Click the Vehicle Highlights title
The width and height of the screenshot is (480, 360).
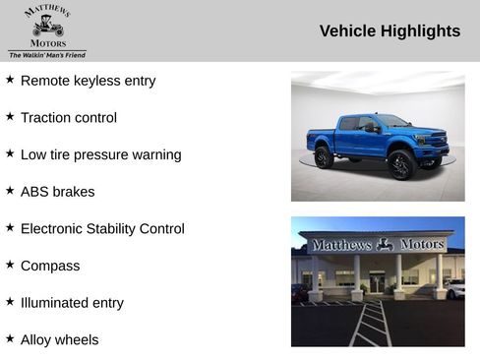[x=390, y=31]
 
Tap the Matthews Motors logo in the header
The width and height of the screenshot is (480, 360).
[x=47, y=27]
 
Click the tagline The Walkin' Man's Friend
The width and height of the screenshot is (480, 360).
[x=47, y=55]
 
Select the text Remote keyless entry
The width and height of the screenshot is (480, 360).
[x=88, y=81]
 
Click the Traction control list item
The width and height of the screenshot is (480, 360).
[x=68, y=118]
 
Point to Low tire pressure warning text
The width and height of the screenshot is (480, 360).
[x=100, y=154]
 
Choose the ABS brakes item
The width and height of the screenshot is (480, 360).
[x=57, y=192]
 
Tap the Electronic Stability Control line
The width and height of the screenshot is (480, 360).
[x=102, y=229]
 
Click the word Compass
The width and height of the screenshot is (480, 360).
[x=50, y=266]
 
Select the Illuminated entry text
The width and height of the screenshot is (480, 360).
[x=72, y=303]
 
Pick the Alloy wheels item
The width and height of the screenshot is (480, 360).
[x=59, y=340]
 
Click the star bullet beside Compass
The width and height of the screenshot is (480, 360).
[x=10, y=265]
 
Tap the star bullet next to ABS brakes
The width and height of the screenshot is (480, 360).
[x=10, y=191]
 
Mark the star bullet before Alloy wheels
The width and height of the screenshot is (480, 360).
[x=10, y=339]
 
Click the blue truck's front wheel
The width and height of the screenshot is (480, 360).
[x=401, y=163]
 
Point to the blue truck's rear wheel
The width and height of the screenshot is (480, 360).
[x=324, y=157]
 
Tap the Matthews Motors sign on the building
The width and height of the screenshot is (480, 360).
[x=377, y=244]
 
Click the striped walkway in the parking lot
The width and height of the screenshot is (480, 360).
[x=371, y=323]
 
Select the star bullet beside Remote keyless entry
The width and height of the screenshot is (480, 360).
[x=10, y=80]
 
